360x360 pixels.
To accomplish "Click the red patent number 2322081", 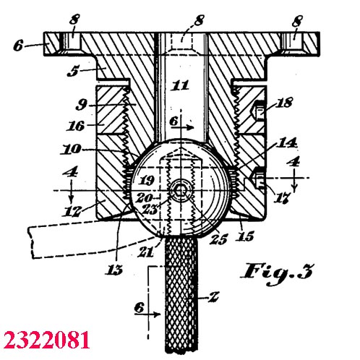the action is pyautogui.click(x=46, y=340).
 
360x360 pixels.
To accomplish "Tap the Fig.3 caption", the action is pyautogui.click(x=278, y=273).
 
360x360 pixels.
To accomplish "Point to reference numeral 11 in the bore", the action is pyautogui.click(x=180, y=85).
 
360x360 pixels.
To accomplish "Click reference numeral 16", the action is pyautogui.click(x=76, y=126).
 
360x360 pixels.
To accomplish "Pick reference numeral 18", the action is pyautogui.click(x=284, y=103).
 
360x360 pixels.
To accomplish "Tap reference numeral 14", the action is pyautogui.click(x=286, y=143).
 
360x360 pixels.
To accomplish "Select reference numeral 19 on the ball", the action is pyautogui.click(x=147, y=180).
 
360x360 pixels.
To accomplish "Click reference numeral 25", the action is pyautogui.click(x=218, y=239).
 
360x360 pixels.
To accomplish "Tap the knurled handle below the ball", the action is pyautogui.click(x=181, y=295).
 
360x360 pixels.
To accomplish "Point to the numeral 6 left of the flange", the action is pyautogui.click(x=19, y=46).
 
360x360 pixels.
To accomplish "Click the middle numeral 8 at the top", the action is pyautogui.click(x=199, y=20).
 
